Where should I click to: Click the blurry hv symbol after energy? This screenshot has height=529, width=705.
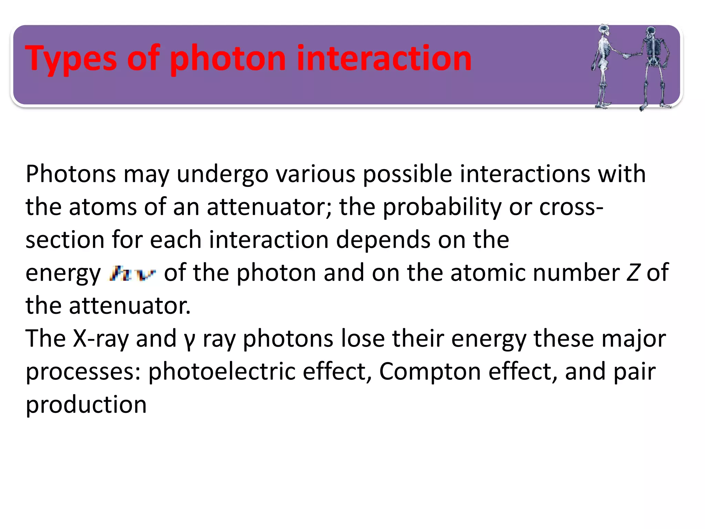pos(133,274)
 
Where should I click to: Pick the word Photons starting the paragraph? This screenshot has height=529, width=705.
pos(71,174)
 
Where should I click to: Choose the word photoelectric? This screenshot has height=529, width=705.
pos(222,372)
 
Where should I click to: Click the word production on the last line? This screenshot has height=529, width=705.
pos(86,405)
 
